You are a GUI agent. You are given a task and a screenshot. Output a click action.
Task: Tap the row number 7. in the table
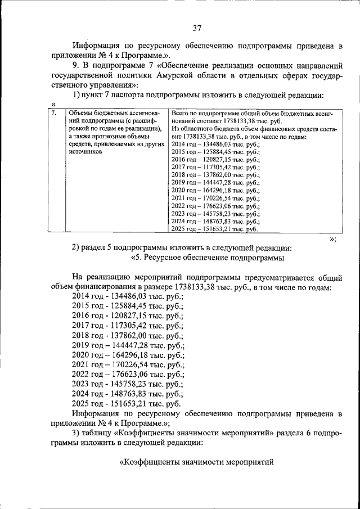point(53,113)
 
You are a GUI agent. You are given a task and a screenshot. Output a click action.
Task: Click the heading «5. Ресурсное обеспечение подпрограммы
point(208,258)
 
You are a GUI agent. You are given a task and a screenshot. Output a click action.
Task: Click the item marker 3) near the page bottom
point(77,431)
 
